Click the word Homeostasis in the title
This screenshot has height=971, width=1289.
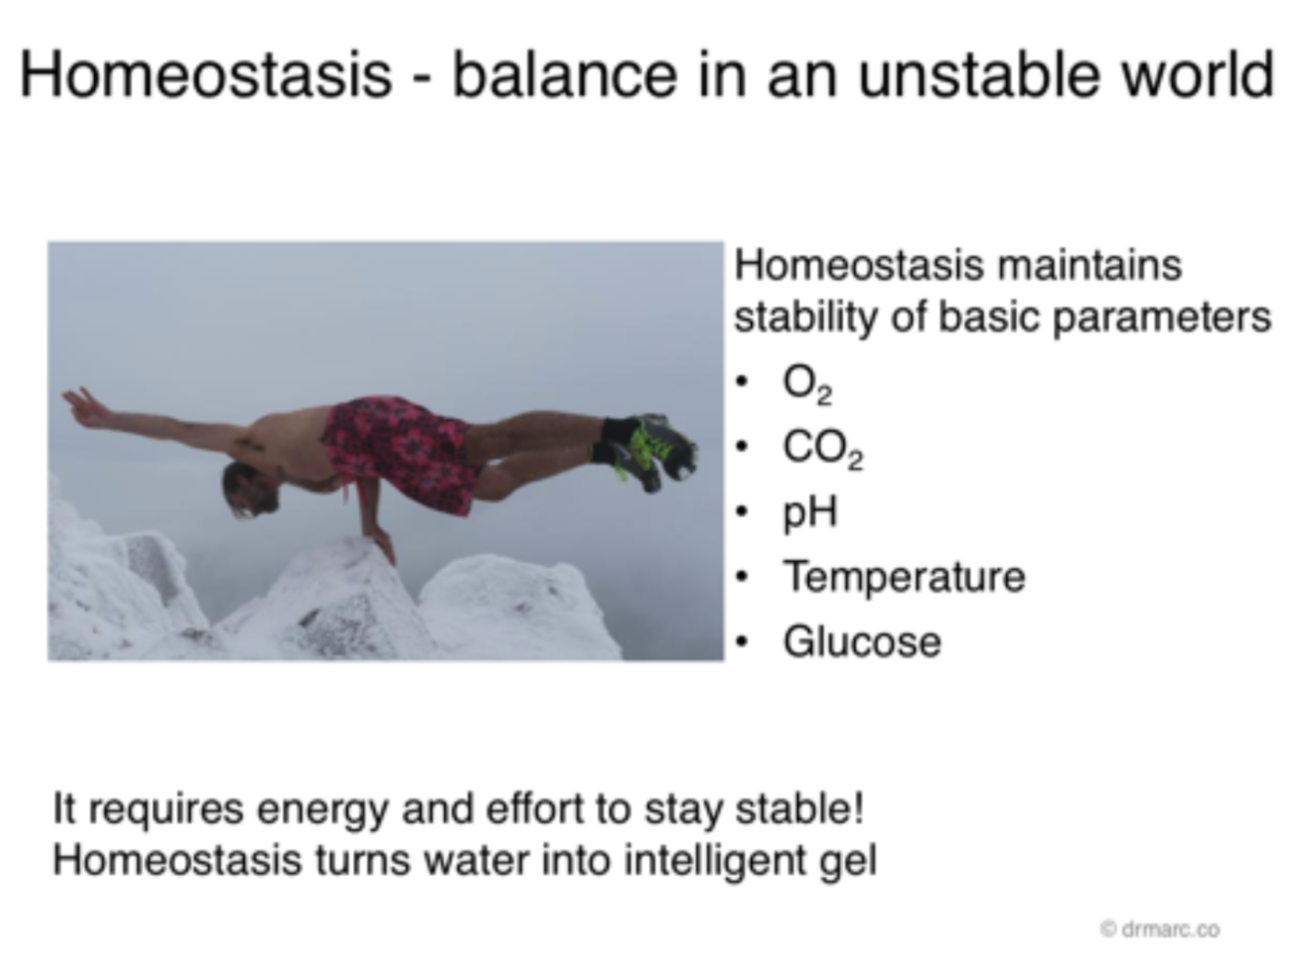[205, 75]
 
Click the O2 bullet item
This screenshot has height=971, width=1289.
[807, 384]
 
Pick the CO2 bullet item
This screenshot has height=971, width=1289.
[823, 450]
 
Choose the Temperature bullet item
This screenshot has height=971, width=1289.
[905, 578]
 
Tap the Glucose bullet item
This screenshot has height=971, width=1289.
[862, 642]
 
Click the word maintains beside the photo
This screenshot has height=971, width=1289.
[1090, 265]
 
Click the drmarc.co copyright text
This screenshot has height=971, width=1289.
[1160, 930]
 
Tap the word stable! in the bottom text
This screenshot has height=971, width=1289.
[799, 808]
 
